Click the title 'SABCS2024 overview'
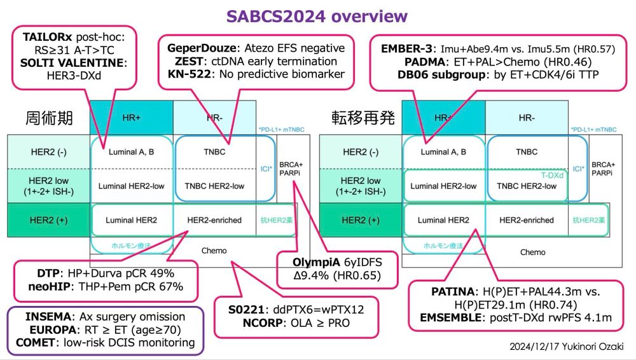[317, 17]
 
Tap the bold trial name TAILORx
[47, 37]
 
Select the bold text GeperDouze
[202, 48]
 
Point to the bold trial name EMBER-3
[406, 49]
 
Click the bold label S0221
[246, 310]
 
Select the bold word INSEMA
[48, 317]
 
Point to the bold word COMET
[35, 343]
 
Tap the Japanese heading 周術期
[49, 118]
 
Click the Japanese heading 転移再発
[363, 118]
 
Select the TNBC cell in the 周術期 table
[214, 152]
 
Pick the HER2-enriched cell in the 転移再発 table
[527, 220]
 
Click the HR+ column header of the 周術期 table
[132, 118]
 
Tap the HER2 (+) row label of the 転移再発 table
[361, 220]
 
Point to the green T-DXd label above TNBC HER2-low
[552, 176]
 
